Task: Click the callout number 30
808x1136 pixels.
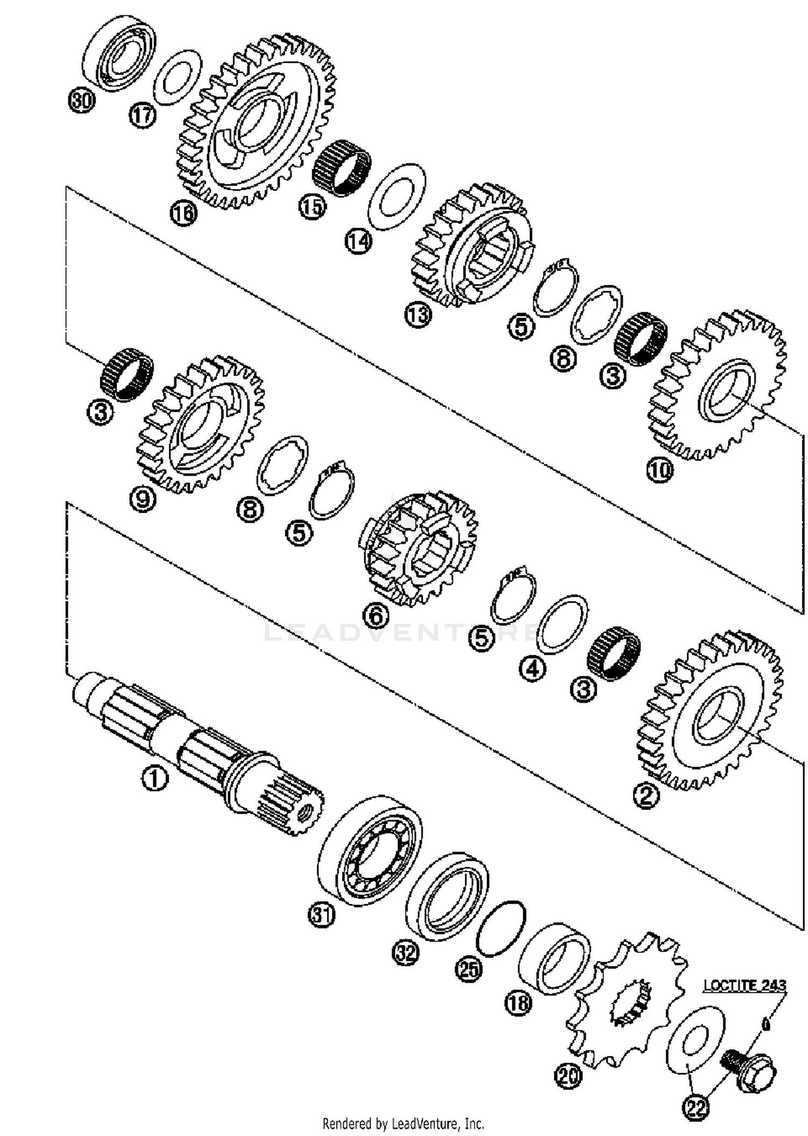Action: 81,101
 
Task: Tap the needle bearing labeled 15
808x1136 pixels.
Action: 342,168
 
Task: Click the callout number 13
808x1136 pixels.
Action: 418,315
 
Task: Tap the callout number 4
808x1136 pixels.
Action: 532,669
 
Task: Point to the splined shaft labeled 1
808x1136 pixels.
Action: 199,749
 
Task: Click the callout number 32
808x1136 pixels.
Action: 405,953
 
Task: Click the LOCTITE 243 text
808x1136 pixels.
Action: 744,985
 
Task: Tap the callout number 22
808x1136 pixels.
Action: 695,1107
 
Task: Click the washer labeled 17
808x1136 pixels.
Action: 177,78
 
